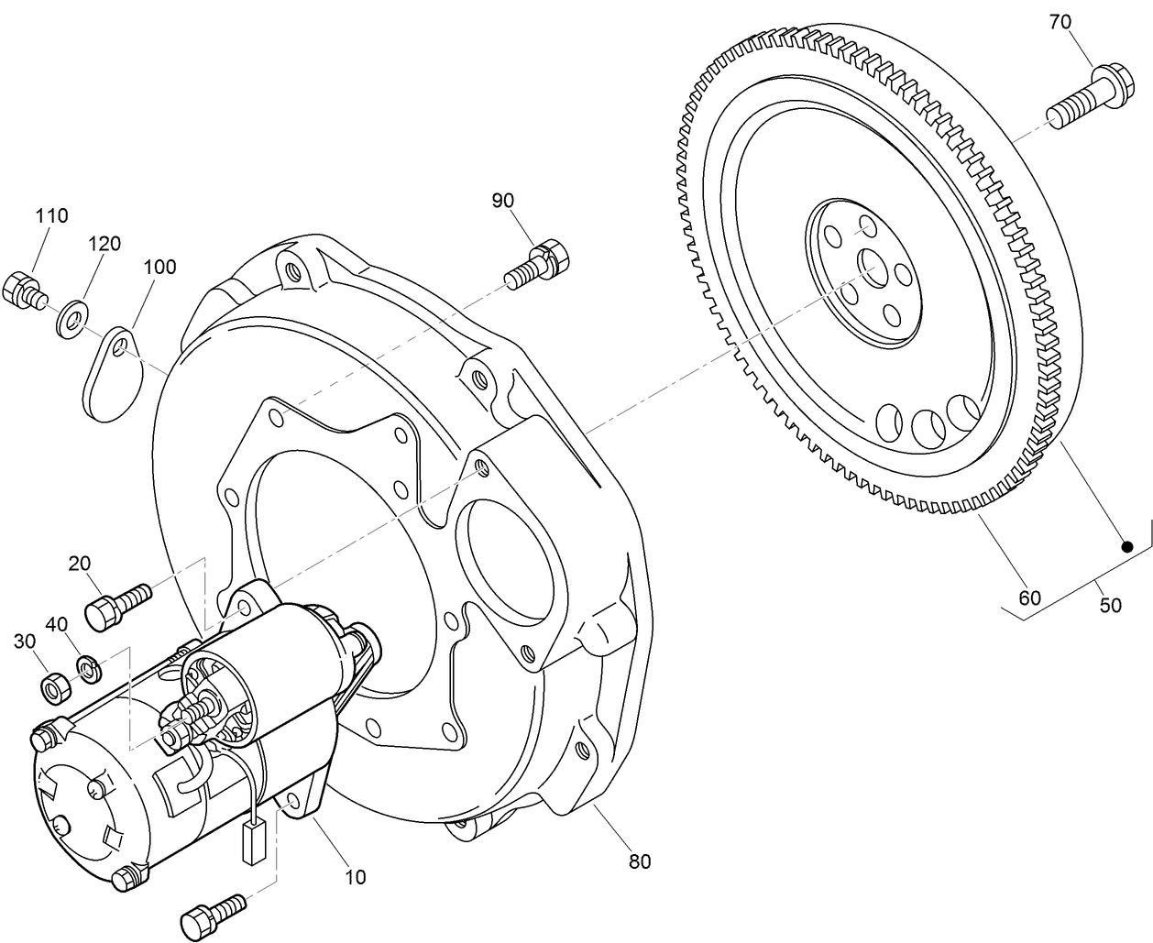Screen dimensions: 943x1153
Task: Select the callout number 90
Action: tap(503, 200)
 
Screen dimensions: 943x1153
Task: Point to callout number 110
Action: tap(51, 216)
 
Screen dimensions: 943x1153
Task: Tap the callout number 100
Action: tap(160, 268)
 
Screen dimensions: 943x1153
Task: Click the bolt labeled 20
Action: tap(116, 605)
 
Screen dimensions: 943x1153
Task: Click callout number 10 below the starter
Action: tap(355, 877)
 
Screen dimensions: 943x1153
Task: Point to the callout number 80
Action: tap(639, 861)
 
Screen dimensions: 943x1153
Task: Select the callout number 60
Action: tap(1030, 598)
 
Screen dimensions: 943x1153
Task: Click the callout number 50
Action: tap(1110, 606)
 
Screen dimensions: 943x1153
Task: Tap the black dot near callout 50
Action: tap(1126, 546)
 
